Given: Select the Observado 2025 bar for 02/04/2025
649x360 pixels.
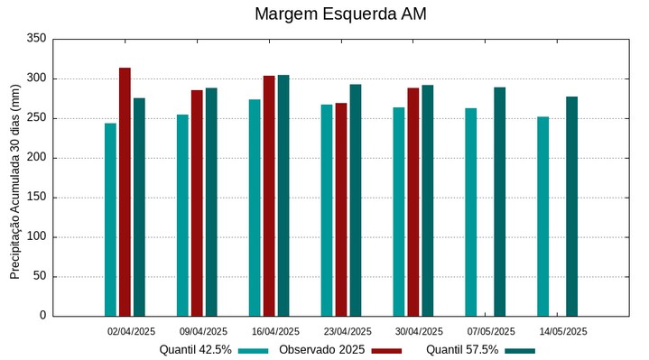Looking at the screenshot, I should [125, 191].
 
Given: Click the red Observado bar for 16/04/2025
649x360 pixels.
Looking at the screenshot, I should [269, 196].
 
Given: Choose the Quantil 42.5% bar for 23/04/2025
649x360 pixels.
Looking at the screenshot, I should [327, 210].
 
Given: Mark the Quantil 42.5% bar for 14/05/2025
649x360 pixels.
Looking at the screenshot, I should [542, 216].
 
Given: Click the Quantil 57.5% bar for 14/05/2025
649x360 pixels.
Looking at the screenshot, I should [571, 206].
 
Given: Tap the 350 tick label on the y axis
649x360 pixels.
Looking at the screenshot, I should [36, 39].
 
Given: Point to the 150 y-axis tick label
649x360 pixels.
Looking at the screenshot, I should [36, 197].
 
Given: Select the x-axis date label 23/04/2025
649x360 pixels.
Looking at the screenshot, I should [348, 331].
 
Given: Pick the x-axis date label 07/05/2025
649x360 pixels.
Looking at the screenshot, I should [492, 331].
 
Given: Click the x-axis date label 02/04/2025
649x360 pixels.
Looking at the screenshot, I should [132, 331].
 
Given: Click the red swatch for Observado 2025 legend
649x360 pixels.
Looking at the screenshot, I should [386, 350].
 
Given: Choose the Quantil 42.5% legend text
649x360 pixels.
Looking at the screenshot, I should [196, 350].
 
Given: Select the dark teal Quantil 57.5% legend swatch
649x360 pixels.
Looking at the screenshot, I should [520, 350].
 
